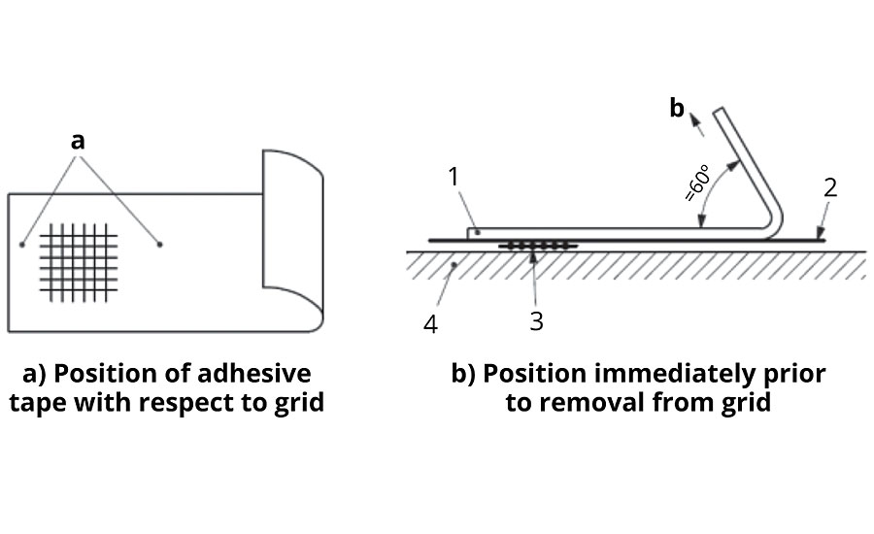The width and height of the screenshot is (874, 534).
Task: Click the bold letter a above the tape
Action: tap(79, 141)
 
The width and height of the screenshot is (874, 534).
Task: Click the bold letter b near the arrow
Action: tap(677, 109)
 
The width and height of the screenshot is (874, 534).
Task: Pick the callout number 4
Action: tap(431, 324)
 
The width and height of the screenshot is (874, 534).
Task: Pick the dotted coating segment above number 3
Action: tap(538, 247)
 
